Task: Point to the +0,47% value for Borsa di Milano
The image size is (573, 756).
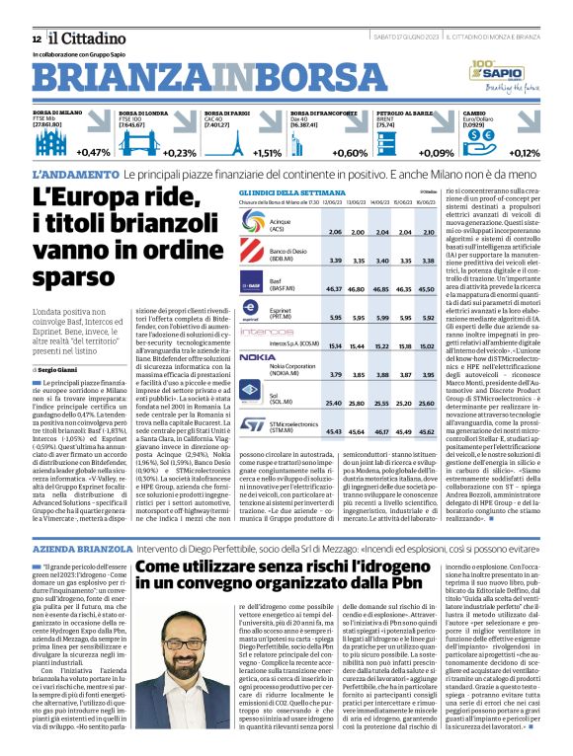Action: (94, 153)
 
